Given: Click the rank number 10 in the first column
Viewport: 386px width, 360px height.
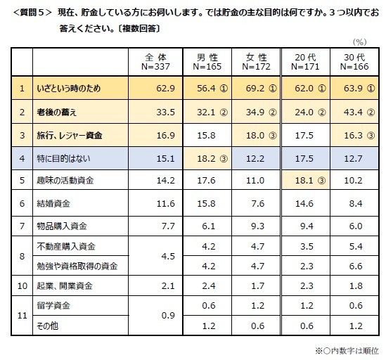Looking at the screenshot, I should (x=22, y=285).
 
